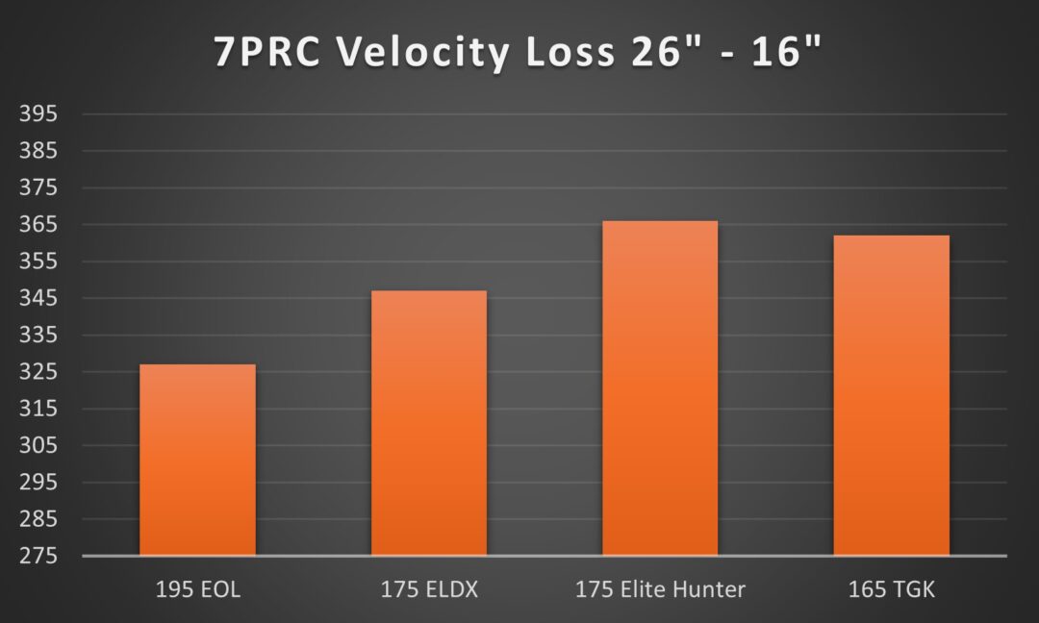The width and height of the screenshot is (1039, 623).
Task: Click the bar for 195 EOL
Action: point(197,460)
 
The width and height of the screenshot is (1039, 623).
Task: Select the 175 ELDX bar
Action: point(429,423)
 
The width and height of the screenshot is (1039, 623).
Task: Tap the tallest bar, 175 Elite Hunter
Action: point(660,388)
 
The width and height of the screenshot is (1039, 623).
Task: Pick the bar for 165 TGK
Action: point(891,395)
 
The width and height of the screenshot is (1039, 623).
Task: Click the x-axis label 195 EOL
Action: point(197,589)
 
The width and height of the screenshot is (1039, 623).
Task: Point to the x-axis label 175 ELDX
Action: point(429,589)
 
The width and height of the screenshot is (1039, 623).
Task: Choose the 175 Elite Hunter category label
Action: point(660,589)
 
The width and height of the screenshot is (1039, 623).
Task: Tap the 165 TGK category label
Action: point(891,589)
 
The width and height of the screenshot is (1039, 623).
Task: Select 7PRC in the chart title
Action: point(273,53)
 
